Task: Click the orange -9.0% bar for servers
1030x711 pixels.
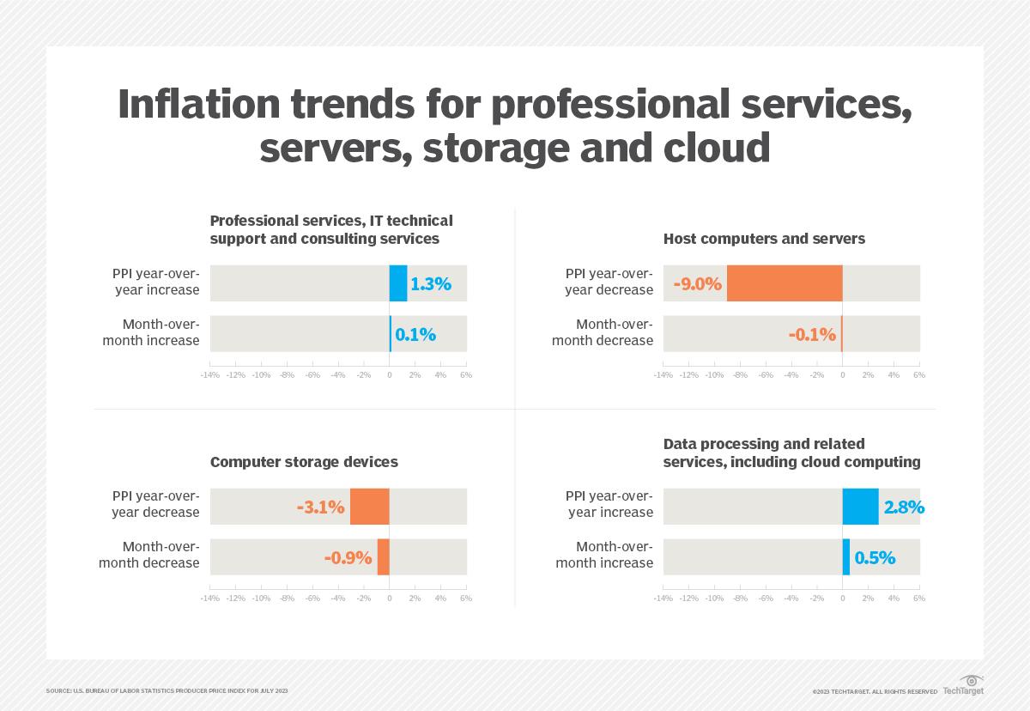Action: [785, 283]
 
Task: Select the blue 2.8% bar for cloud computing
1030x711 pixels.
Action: [860, 506]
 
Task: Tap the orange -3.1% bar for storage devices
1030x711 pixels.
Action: [370, 506]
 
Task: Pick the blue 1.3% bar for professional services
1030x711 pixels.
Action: [398, 283]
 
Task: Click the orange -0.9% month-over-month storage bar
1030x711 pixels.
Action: [384, 556]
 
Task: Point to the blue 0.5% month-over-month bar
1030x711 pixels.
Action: [846, 556]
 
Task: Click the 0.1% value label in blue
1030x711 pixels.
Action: [415, 334]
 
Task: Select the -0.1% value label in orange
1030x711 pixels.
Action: [812, 334]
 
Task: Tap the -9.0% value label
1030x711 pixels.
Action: [697, 283]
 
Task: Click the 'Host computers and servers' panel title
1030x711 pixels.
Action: [764, 239]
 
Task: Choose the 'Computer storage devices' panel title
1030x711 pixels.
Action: [304, 462]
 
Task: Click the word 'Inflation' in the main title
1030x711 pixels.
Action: [199, 105]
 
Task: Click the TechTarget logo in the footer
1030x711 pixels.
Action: [963, 686]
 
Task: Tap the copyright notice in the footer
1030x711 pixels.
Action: [875, 691]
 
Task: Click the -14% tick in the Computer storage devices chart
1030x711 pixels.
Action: [210, 598]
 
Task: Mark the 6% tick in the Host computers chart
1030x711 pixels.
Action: [918, 375]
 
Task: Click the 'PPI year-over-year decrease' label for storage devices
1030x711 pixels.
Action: [155, 504]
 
